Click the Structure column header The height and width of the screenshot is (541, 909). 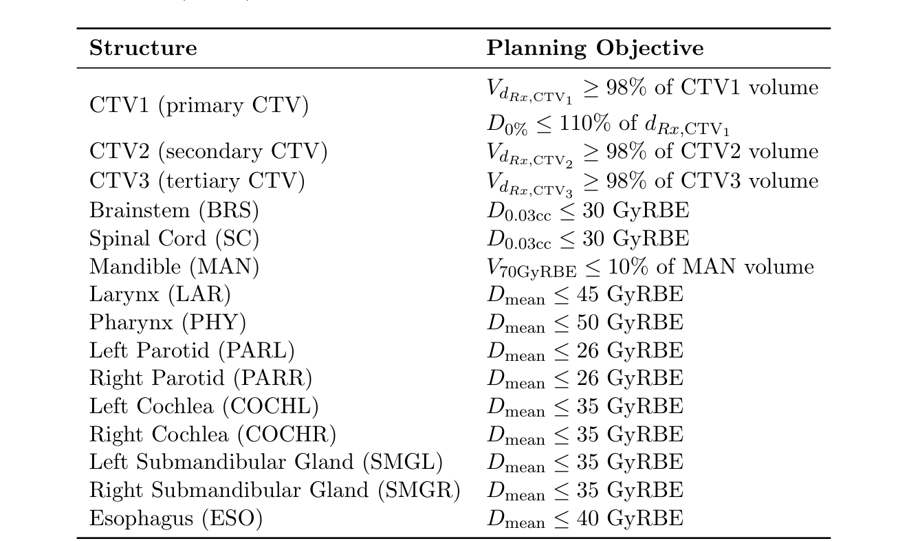(x=143, y=48)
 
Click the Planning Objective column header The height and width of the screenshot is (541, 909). (x=595, y=48)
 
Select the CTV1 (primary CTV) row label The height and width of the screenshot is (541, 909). (x=199, y=106)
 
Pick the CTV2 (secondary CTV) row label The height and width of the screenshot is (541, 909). (x=208, y=152)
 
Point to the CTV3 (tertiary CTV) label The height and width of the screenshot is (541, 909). (x=197, y=181)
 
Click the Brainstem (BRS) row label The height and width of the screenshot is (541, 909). (x=174, y=210)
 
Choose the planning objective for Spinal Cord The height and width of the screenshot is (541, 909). (x=588, y=239)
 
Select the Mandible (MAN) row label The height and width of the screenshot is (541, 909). (x=174, y=267)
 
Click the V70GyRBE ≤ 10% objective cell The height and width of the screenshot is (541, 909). (x=650, y=267)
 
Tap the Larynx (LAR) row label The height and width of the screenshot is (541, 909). (x=160, y=295)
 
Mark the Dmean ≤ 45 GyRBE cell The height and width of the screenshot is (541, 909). (x=585, y=295)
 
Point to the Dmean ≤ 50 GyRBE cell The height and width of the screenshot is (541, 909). (x=585, y=322)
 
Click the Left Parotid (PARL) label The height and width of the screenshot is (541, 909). (x=192, y=351)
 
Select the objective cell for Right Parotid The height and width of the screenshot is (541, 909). (x=585, y=379)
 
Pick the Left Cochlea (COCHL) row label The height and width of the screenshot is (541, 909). (x=204, y=406)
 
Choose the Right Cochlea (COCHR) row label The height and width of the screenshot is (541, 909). (x=212, y=434)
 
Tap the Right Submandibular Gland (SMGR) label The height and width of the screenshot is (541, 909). (x=274, y=490)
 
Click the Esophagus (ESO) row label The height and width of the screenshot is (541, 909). (x=176, y=518)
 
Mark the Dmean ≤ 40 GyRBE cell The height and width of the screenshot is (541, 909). (x=585, y=518)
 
